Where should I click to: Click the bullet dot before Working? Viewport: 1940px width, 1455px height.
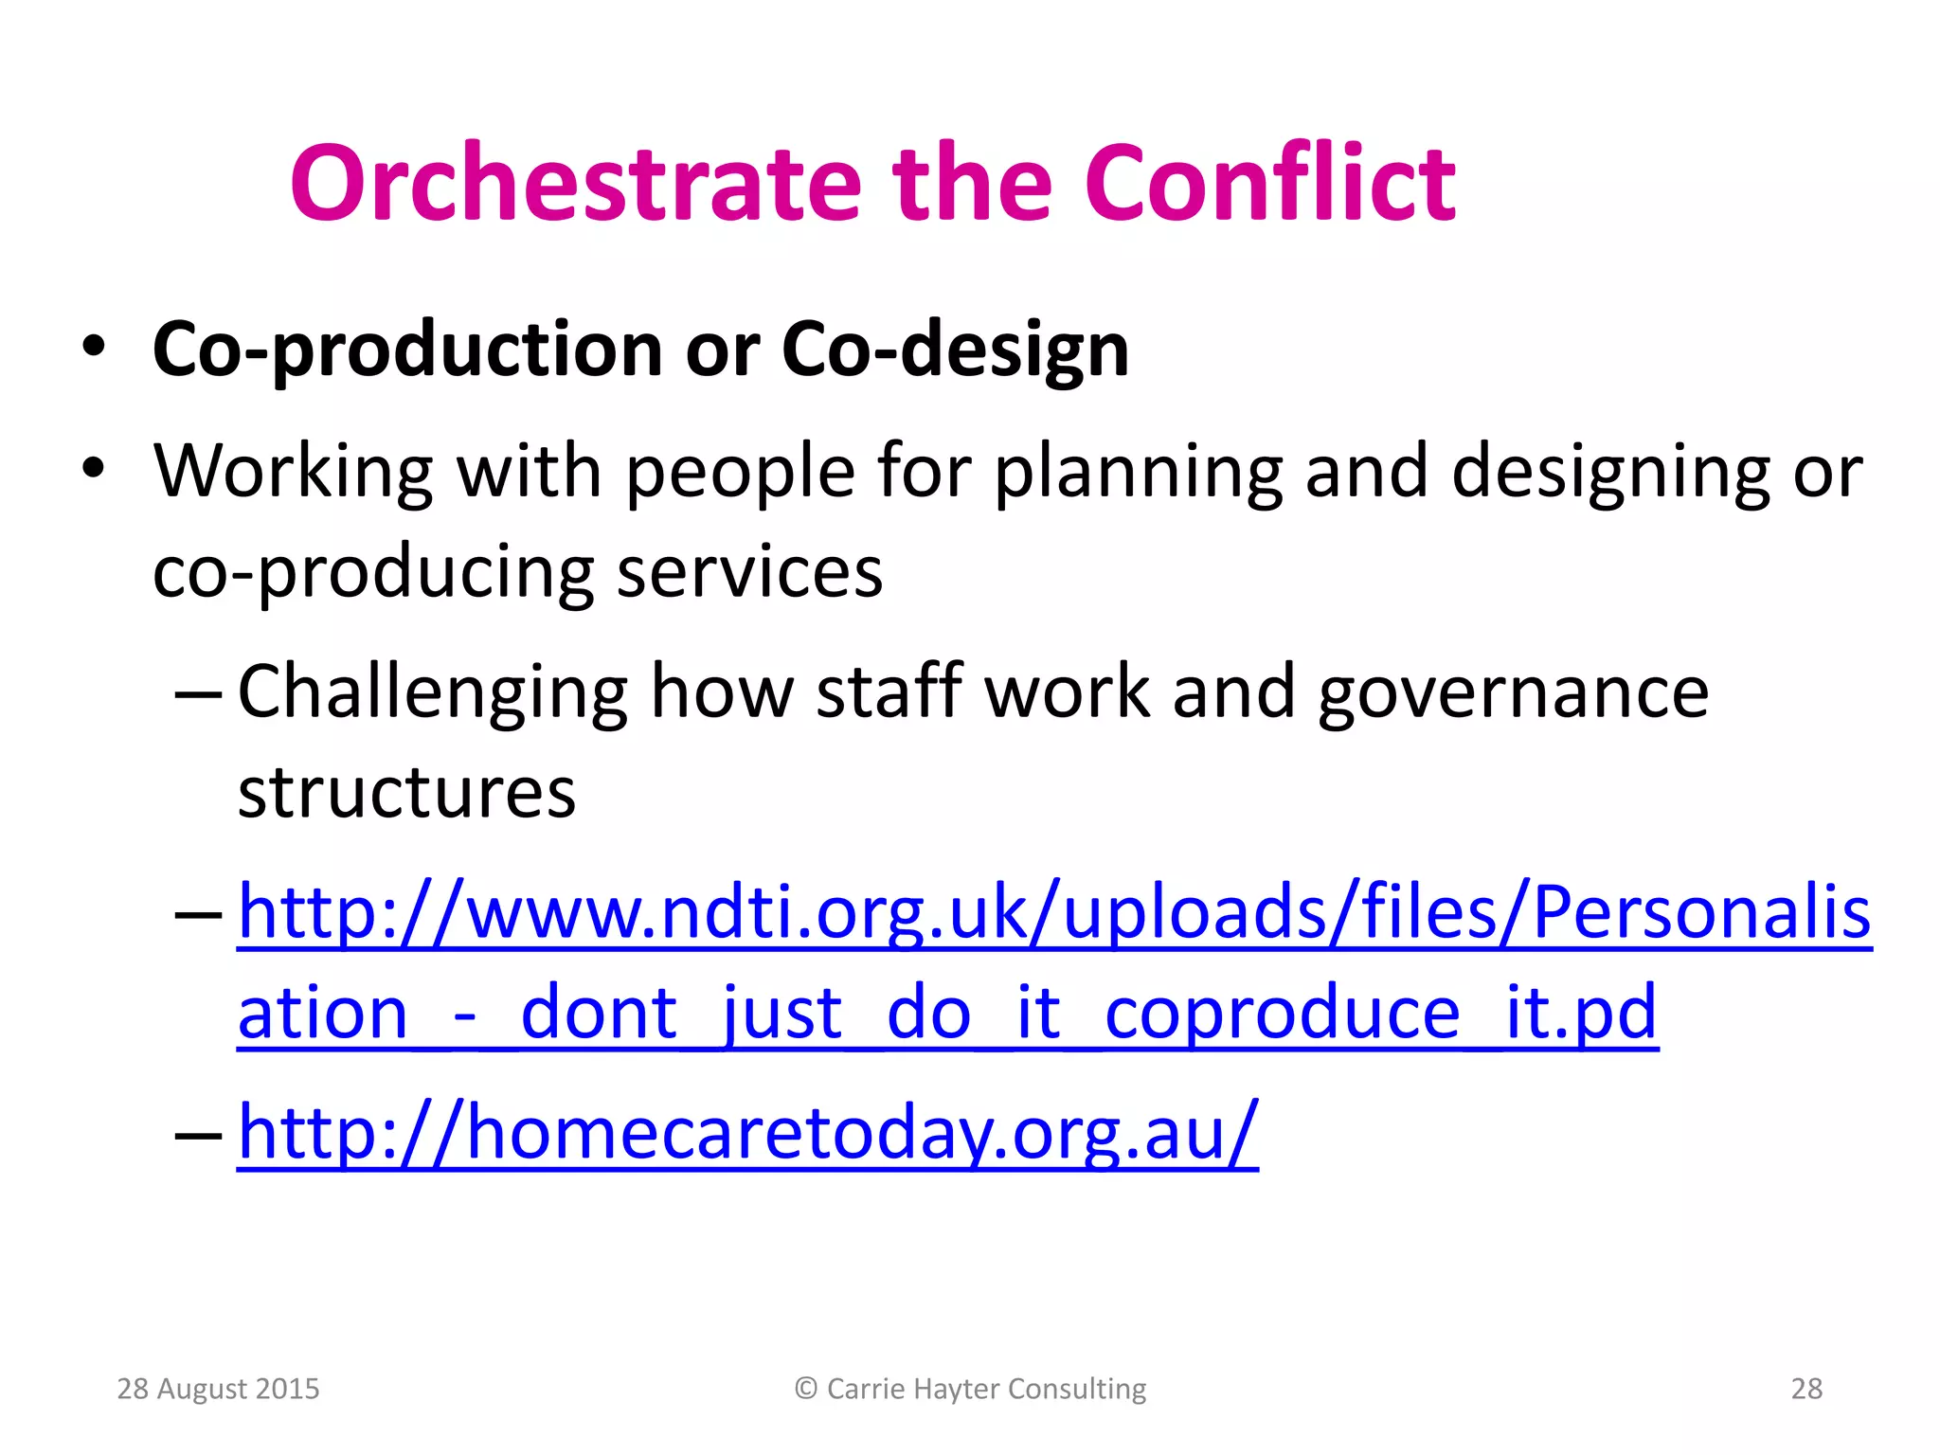tap(93, 468)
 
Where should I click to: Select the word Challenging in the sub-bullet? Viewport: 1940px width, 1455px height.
tap(432, 693)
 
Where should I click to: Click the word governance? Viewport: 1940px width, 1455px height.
tap(1513, 693)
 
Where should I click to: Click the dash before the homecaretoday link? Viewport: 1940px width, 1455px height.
tap(198, 1133)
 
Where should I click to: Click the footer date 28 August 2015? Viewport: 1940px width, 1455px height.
tap(218, 1389)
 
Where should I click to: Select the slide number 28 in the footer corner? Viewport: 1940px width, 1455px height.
tap(1806, 1389)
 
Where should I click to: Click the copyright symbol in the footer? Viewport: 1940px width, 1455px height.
tap(806, 1389)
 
